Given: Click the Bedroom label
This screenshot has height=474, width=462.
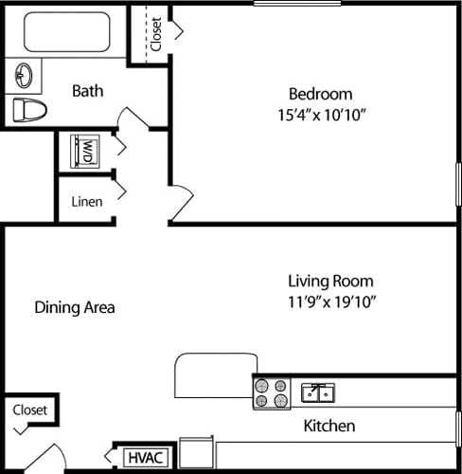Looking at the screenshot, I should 320,94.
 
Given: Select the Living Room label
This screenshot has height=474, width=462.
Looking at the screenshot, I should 330,282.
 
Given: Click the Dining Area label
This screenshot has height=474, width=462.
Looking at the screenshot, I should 75,307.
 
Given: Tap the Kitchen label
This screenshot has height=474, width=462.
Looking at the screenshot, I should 329,426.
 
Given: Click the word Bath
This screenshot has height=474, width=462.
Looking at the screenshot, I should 87,91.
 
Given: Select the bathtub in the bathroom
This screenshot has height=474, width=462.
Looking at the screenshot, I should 70,33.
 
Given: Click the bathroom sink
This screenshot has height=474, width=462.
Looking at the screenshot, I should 24,74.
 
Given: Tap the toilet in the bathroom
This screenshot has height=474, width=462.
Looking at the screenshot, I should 28,109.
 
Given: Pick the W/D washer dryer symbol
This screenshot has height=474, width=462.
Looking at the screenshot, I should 85,149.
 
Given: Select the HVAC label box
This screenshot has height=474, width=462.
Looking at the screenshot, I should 147,458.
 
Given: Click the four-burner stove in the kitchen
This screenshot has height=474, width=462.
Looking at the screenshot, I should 272,393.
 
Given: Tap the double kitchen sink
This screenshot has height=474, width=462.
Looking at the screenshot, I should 317,392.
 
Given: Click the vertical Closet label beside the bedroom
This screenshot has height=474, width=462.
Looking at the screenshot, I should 155,34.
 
